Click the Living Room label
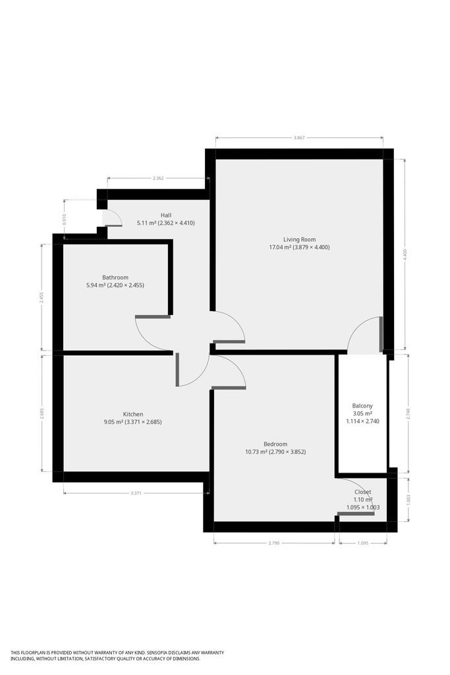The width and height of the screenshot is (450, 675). [299, 239]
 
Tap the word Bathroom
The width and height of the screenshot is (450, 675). [115, 278]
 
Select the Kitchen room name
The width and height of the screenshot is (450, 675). [133, 414]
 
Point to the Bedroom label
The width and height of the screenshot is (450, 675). [275, 444]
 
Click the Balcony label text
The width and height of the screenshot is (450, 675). [362, 405]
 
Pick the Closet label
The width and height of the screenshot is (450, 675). [362, 492]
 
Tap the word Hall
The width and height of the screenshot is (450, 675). [166, 215]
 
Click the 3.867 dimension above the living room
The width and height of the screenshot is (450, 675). [299, 138]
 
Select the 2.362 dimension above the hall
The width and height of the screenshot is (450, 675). [158, 178]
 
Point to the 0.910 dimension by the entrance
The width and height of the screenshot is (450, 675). [65, 220]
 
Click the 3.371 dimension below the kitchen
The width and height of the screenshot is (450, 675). [136, 493]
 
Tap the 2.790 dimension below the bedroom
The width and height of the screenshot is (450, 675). [274, 543]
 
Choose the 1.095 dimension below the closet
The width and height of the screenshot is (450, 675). [362, 543]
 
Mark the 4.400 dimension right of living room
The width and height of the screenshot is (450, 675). [405, 255]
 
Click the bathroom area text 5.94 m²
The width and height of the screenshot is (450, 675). [96, 285]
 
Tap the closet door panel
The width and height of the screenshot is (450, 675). [356, 513]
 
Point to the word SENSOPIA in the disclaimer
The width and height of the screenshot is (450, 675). [163, 653]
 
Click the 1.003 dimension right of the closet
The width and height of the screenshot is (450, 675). [408, 500]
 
